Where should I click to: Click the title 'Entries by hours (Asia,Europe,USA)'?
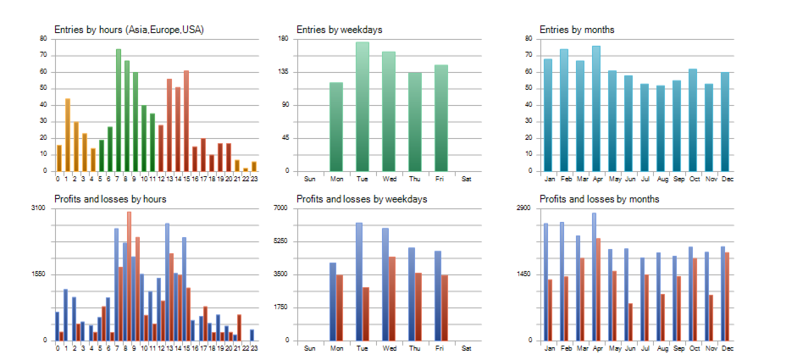(129, 30)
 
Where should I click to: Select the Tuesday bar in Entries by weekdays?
(363, 107)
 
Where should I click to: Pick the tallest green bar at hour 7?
(119, 110)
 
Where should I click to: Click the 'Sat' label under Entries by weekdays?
(467, 179)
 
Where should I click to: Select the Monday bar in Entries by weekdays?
(336, 127)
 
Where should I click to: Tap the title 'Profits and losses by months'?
(599, 199)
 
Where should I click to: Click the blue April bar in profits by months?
(594, 276)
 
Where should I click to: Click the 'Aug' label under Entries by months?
(661, 179)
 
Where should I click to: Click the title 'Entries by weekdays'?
(339, 30)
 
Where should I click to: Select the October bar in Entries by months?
(693, 119)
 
